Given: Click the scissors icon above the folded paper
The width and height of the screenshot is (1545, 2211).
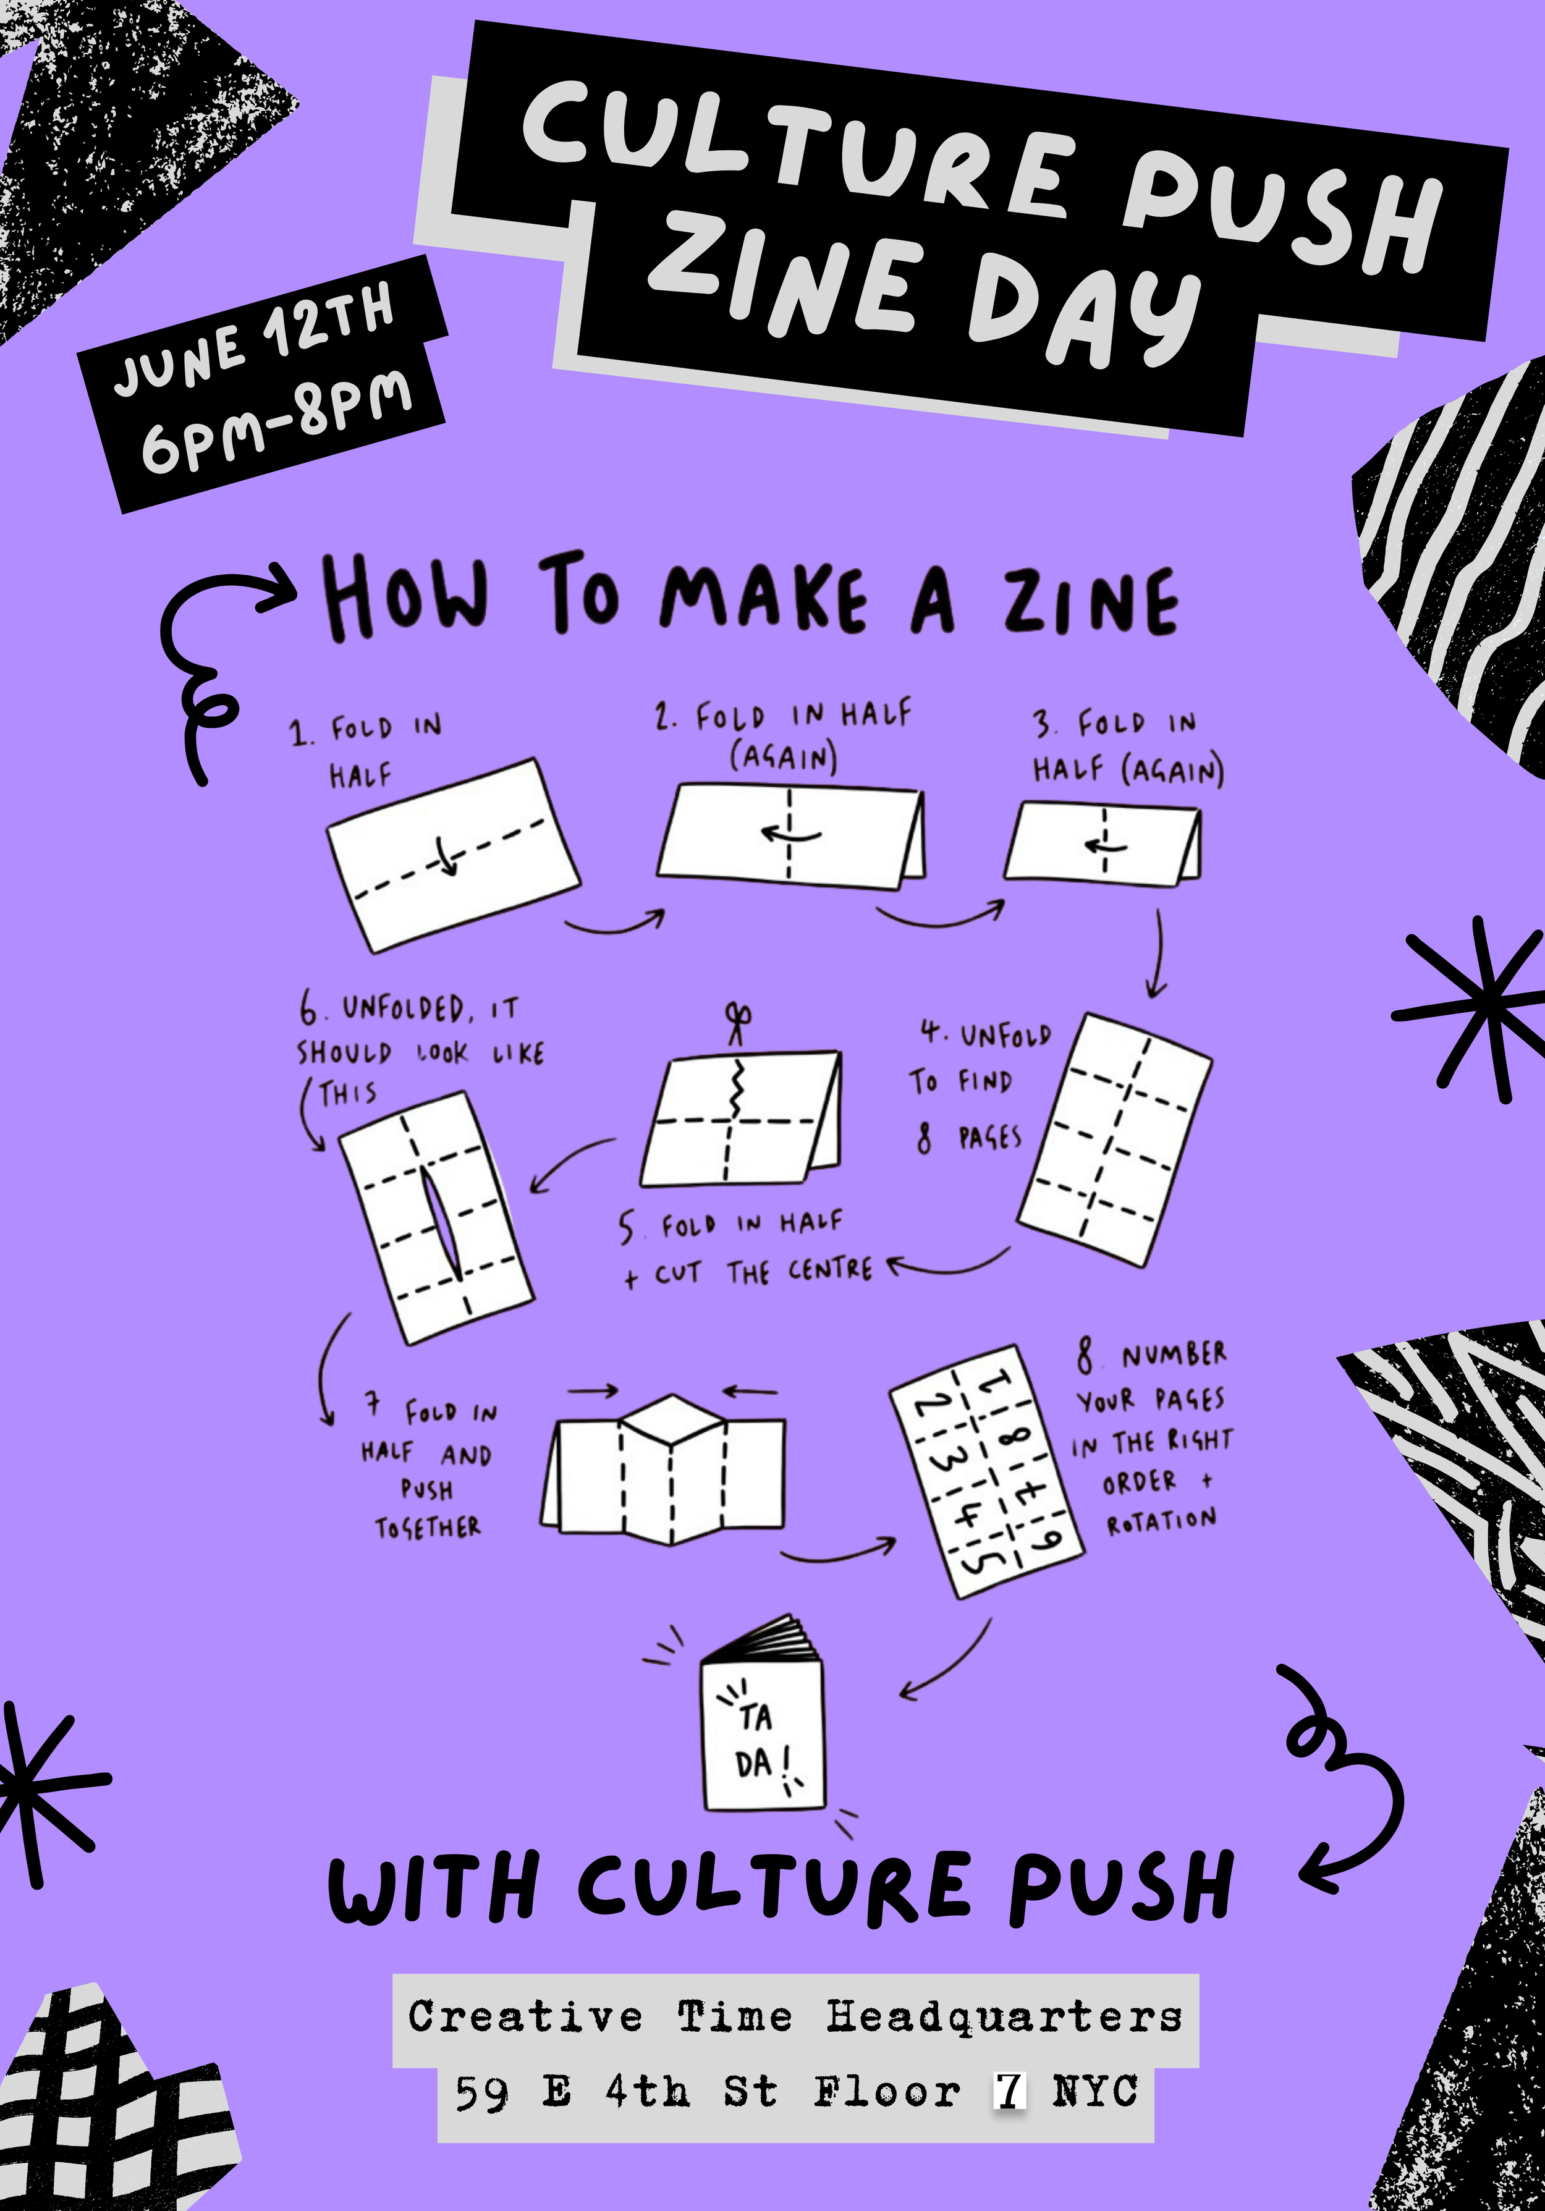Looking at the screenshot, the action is pyautogui.click(x=739, y=1024).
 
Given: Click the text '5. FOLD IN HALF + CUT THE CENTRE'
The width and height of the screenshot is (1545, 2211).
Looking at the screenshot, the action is pyautogui.click(x=747, y=1249).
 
